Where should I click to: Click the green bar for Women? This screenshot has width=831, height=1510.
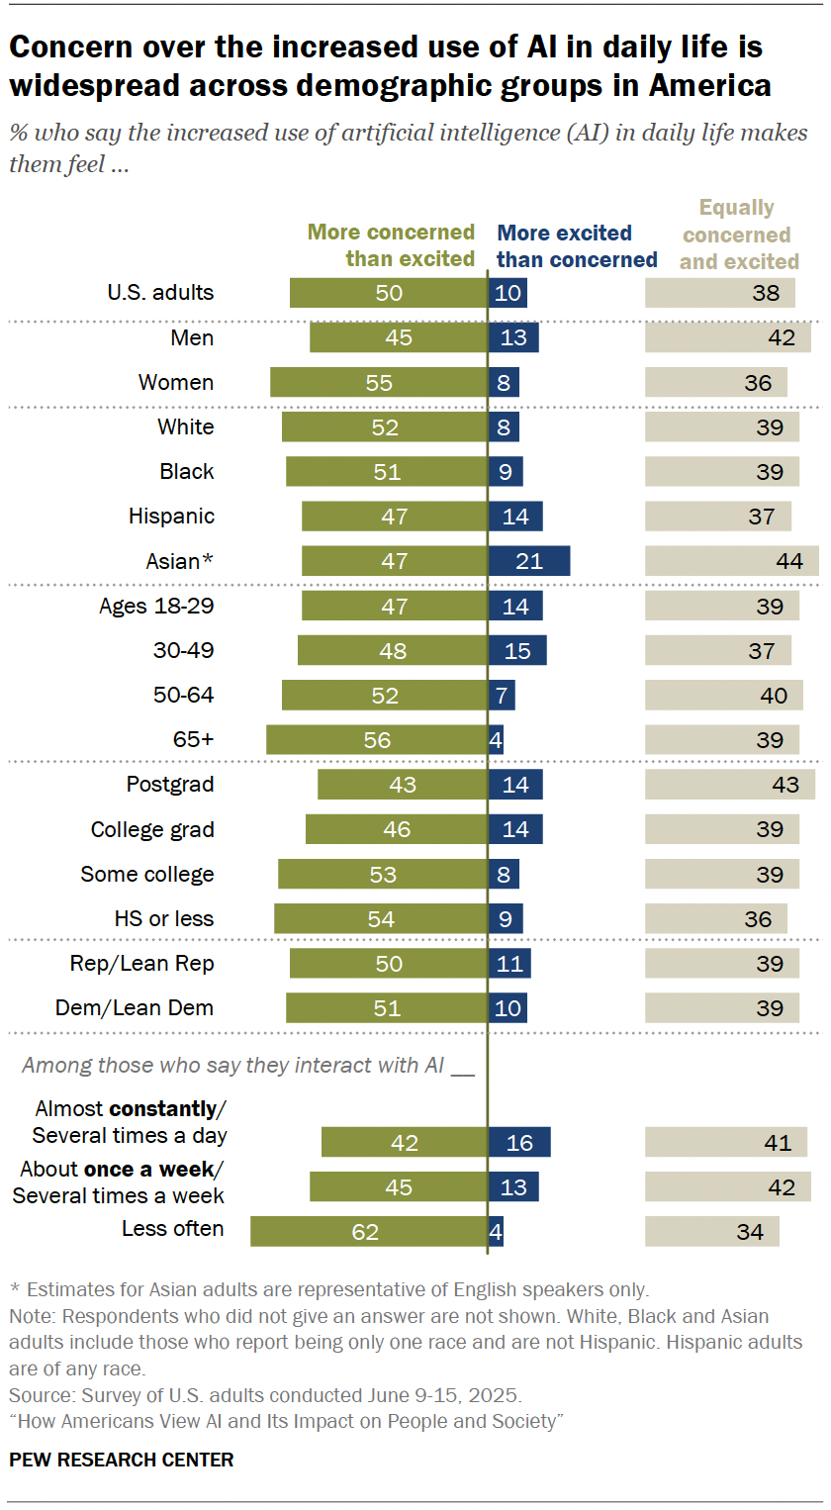[x=379, y=383]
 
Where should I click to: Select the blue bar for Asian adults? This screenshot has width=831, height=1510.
[x=529, y=561]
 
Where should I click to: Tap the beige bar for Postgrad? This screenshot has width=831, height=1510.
[x=730, y=785]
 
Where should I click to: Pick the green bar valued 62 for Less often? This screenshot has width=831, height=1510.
[x=368, y=1232]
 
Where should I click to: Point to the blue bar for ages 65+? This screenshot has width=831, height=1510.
[x=496, y=740]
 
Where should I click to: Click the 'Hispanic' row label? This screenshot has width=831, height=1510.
[x=171, y=517]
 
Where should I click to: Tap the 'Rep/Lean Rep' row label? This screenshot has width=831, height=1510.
[x=141, y=964]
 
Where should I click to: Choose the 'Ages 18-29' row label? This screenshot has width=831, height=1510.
[x=156, y=606]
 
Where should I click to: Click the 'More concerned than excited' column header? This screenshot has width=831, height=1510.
[x=392, y=245]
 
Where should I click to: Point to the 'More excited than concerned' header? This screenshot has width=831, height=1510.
[x=577, y=246]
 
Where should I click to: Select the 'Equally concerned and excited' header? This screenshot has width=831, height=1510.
[x=738, y=235]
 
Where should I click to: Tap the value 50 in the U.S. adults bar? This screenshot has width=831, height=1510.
[x=389, y=293]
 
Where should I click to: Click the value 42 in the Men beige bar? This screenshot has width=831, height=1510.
[x=782, y=338]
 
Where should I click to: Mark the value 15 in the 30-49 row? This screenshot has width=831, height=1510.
[x=517, y=651]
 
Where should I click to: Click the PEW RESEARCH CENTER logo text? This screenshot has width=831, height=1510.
[x=122, y=1460]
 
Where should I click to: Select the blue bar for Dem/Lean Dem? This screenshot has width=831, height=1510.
[x=508, y=1008]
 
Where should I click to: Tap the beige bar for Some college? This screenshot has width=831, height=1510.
[x=722, y=875]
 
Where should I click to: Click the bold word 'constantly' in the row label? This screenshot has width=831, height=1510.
[x=162, y=1108]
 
